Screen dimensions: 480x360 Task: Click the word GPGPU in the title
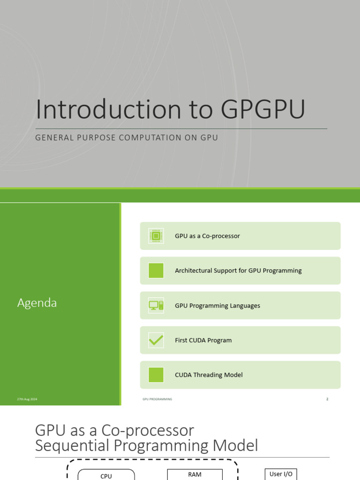pos(263,110)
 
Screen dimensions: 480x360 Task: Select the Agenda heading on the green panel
pos(37,303)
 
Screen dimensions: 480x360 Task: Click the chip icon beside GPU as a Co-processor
pos(156,236)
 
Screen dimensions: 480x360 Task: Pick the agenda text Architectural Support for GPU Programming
pos(238,270)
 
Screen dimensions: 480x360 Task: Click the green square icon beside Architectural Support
pos(156,270)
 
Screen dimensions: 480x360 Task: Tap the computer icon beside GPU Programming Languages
pos(156,306)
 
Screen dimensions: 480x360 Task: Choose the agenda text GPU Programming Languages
pos(217,306)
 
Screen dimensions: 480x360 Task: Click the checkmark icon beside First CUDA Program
pos(156,340)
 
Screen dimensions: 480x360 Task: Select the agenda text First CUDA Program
pos(203,340)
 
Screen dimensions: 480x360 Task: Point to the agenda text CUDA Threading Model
pos(209,375)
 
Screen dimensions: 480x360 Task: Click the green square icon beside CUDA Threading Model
pos(156,375)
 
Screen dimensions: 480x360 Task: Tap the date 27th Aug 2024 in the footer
pos(27,399)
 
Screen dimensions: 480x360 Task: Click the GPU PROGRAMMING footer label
pos(157,399)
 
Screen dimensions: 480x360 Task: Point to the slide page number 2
pos(327,399)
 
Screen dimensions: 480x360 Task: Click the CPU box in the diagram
pos(106,475)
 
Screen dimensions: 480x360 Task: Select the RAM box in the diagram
pos(195,474)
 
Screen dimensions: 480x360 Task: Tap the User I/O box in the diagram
pos(281,474)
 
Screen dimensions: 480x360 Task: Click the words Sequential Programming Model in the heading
pos(146,445)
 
